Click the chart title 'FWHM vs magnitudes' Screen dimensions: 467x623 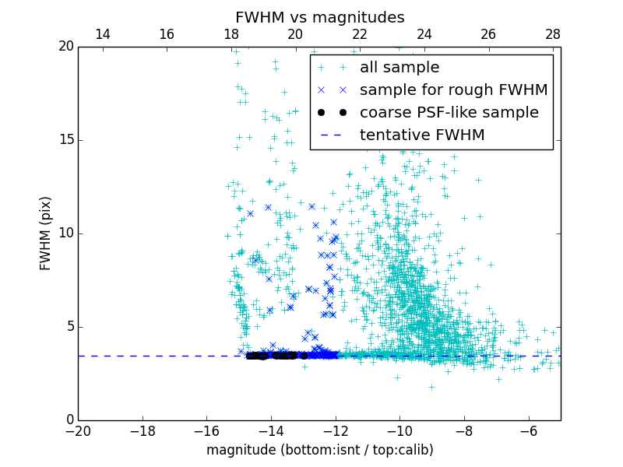click(x=319, y=17)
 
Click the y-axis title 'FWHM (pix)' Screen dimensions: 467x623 click(x=46, y=233)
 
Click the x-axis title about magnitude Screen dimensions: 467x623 click(x=319, y=450)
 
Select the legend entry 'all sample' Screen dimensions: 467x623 click(x=399, y=68)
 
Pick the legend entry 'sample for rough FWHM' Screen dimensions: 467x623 click(x=453, y=90)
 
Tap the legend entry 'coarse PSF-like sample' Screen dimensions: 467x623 click(x=449, y=113)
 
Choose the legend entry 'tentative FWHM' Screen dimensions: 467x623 click(x=422, y=135)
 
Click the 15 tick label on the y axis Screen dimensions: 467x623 click(x=65, y=140)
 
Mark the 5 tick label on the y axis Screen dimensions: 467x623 click(x=69, y=327)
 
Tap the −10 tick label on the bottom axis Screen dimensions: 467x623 click(x=399, y=430)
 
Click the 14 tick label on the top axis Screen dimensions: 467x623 click(x=102, y=34)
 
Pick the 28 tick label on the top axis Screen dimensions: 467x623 click(x=553, y=34)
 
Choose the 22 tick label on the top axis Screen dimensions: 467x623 click(x=360, y=34)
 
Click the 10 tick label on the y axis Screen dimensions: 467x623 click(x=65, y=233)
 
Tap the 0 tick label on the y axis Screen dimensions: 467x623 click(x=69, y=420)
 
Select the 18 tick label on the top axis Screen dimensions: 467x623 click(x=231, y=34)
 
